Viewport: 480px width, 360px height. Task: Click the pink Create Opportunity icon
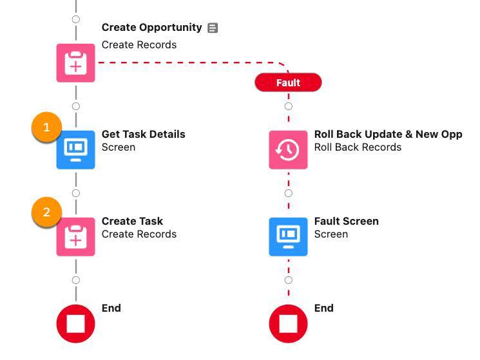point(75,63)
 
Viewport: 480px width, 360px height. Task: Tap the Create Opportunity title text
point(151,28)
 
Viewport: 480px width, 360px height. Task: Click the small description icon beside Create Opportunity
point(213,28)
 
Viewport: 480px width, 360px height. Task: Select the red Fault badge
point(288,82)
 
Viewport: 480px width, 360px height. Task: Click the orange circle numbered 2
point(46,213)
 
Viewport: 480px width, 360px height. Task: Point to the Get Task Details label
point(143,134)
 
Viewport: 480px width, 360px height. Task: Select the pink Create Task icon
point(75,236)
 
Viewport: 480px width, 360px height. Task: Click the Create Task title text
point(132,221)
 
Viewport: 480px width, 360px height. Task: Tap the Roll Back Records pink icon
point(288,149)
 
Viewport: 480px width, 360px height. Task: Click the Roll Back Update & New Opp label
point(388,134)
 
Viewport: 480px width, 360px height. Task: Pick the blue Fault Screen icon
point(288,236)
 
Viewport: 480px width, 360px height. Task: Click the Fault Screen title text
point(346,221)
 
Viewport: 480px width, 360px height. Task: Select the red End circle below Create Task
point(75,323)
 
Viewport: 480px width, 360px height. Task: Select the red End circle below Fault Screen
point(288,323)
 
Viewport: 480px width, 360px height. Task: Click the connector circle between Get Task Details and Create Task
point(76,193)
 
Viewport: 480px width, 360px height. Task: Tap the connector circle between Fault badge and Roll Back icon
point(288,106)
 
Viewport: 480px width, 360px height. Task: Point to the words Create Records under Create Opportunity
point(139,45)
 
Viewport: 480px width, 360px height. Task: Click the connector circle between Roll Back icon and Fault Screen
point(288,193)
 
